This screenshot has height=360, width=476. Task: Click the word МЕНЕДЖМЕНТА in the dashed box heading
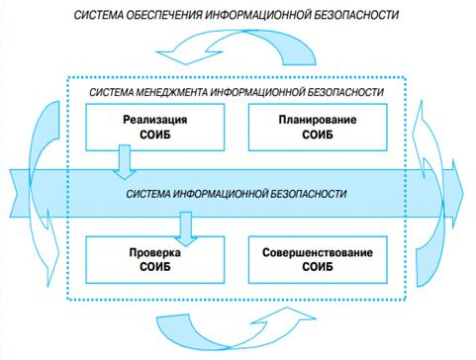tap(170, 92)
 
